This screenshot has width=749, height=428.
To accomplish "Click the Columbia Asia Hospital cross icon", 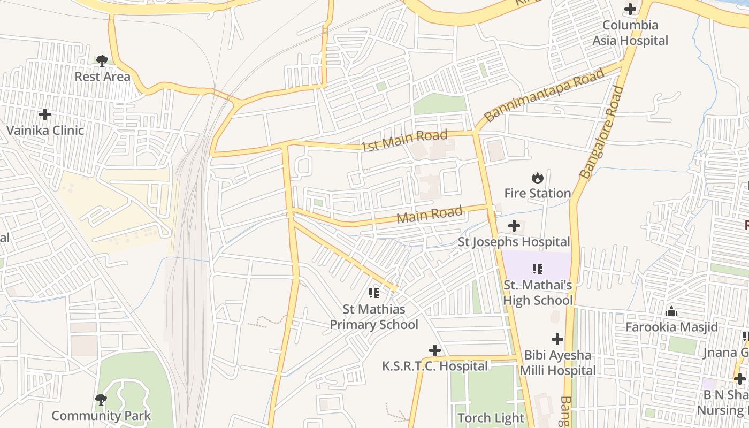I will click(x=630, y=9).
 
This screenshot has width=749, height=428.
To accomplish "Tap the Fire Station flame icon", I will click(x=537, y=178).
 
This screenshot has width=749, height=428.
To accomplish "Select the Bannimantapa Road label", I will click(x=544, y=95).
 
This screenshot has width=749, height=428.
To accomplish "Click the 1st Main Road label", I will click(x=404, y=140).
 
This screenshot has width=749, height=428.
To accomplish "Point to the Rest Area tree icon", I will click(x=102, y=61).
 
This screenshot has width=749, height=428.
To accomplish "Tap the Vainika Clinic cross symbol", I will click(x=45, y=114).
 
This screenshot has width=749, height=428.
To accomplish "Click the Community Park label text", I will click(x=101, y=416).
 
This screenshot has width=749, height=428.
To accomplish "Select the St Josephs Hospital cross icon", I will click(x=514, y=226).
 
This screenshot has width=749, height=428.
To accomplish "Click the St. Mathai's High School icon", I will click(x=537, y=269).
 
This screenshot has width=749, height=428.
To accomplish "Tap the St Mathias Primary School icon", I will click(x=373, y=293).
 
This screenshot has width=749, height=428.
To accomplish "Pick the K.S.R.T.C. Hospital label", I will click(x=434, y=366).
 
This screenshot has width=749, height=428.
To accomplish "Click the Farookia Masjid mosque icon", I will click(x=671, y=311).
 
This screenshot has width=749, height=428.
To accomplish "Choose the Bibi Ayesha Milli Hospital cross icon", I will click(x=557, y=339).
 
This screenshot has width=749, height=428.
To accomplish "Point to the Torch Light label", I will click(x=491, y=418).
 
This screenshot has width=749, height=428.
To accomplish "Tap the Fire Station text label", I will click(x=537, y=193).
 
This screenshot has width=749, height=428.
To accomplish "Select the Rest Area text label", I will click(x=102, y=77).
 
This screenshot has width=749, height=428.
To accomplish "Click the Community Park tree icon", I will click(x=101, y=399).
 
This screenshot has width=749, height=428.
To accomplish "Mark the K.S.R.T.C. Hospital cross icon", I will click(x=435, y=350).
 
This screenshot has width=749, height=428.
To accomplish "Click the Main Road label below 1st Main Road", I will click(x=429, y=215).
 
